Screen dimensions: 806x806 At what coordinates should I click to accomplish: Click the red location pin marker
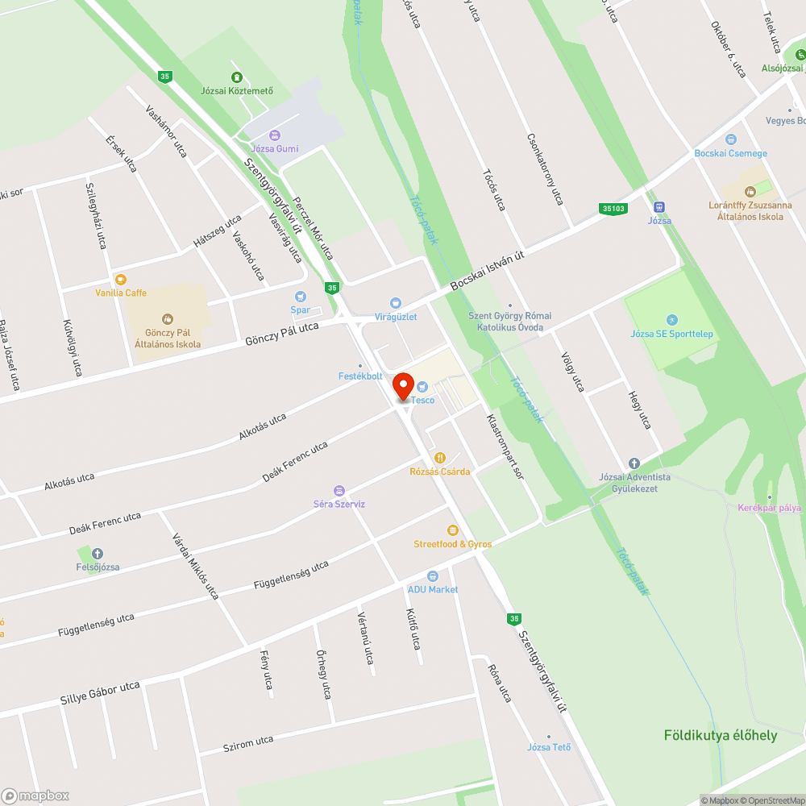coord(403,387)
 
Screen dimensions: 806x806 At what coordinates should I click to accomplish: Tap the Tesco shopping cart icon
coord(422,388)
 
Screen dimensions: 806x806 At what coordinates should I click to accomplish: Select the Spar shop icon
coord(301,297)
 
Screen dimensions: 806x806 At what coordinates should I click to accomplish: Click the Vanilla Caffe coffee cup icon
coord(120,280)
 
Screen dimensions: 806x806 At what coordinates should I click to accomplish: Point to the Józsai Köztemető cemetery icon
coord(236,77)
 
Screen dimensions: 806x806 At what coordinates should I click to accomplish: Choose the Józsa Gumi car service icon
coord(275,135)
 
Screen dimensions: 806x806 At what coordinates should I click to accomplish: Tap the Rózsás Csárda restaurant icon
coord(440,458)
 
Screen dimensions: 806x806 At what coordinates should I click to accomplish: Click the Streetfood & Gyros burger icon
coord(452,530)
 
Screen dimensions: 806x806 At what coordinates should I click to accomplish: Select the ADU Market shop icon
coord(433,576)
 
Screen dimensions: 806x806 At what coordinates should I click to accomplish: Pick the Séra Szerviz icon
coord(339,490)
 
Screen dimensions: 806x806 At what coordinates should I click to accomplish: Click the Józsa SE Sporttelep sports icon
coord(671,321)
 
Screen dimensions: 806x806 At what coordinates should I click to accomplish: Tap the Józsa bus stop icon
coord(659,206)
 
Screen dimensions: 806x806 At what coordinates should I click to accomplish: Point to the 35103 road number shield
coord(613,209)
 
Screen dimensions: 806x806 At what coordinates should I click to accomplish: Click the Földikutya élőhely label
coord(721,735)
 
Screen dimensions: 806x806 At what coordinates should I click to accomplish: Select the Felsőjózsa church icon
coord(98,554)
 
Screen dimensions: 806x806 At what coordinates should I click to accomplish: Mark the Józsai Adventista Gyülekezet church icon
coord(634,463)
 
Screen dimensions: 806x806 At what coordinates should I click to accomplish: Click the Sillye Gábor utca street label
coord(101,692)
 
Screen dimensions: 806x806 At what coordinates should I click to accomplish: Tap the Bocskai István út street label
coord(488,270)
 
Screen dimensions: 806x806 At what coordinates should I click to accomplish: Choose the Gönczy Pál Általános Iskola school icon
coord(168,319)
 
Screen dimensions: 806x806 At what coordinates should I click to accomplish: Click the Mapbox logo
coord(36,796)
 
